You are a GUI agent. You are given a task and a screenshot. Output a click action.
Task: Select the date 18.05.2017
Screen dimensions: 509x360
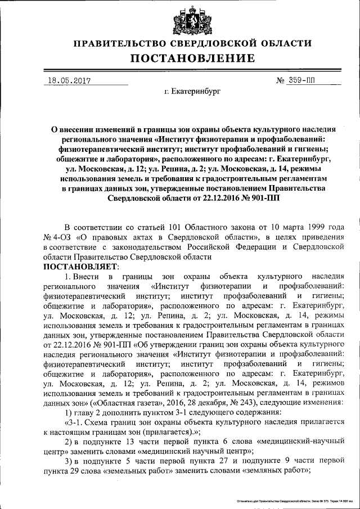pos(70,81)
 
